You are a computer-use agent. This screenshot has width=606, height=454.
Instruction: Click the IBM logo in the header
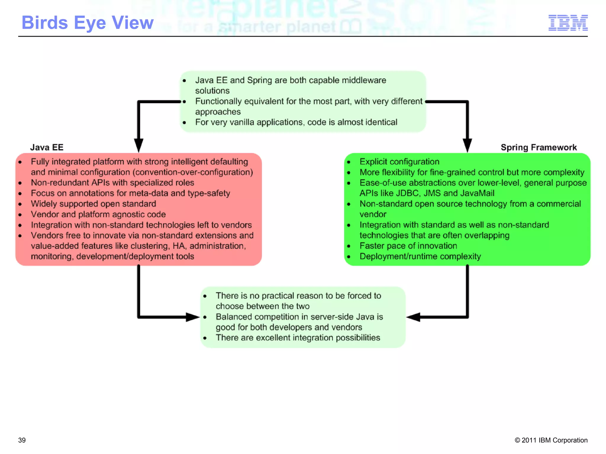coord(568,23)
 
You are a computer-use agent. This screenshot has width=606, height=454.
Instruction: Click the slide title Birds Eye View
coord(88,23)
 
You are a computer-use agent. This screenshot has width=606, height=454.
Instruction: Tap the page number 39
coord(22,440)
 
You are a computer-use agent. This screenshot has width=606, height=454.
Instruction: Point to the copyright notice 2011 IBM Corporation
coord(551,440)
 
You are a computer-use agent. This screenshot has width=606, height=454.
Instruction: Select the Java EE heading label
coord(47,147)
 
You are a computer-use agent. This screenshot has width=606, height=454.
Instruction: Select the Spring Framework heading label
coord(539,147)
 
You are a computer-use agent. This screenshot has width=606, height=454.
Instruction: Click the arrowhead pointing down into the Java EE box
coord(138,145)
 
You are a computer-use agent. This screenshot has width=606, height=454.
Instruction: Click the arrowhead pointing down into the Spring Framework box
coord(467,145)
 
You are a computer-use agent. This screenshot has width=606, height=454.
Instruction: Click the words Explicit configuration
coord(399,162)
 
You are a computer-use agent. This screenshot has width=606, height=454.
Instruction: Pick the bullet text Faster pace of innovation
coord(408,246)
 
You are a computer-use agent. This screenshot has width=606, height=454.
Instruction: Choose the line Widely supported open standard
coord(93,204)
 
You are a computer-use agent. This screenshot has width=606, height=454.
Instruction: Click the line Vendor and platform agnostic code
coord(98,214)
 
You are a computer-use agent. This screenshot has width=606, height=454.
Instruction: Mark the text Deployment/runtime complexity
coord(420,257)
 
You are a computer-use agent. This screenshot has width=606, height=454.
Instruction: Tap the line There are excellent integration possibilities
coord(298,338)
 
